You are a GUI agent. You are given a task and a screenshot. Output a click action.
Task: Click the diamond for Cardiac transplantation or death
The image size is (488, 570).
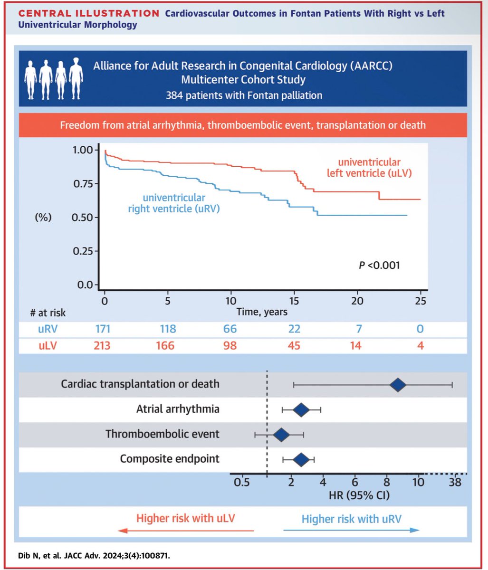[398, 385]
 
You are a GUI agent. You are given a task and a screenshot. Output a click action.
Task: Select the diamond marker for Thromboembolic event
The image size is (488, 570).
[281, 434]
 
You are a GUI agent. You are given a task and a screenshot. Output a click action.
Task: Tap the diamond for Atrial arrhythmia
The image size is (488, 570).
[301, 409]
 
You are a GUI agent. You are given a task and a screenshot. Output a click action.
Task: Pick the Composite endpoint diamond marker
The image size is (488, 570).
[301, 459]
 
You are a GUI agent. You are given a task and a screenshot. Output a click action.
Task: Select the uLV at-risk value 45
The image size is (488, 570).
[294, 345]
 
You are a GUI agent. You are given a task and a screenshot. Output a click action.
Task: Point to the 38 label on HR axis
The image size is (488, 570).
[455, 483]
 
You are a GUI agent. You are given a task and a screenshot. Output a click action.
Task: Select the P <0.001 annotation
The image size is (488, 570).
[379, 265]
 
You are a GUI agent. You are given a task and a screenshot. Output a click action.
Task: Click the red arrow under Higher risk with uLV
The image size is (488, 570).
[185, 530]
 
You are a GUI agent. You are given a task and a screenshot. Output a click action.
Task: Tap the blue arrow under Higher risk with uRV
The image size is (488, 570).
[351, 530]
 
